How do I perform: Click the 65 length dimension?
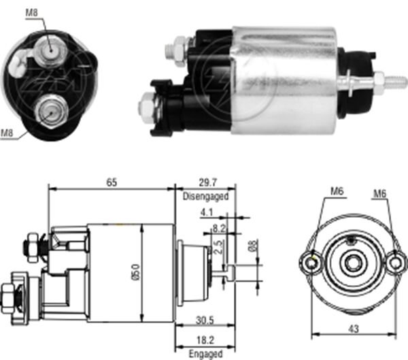pos(111,182)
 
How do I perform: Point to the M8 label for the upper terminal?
pos(31,12)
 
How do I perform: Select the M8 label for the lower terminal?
pos(7,133)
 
